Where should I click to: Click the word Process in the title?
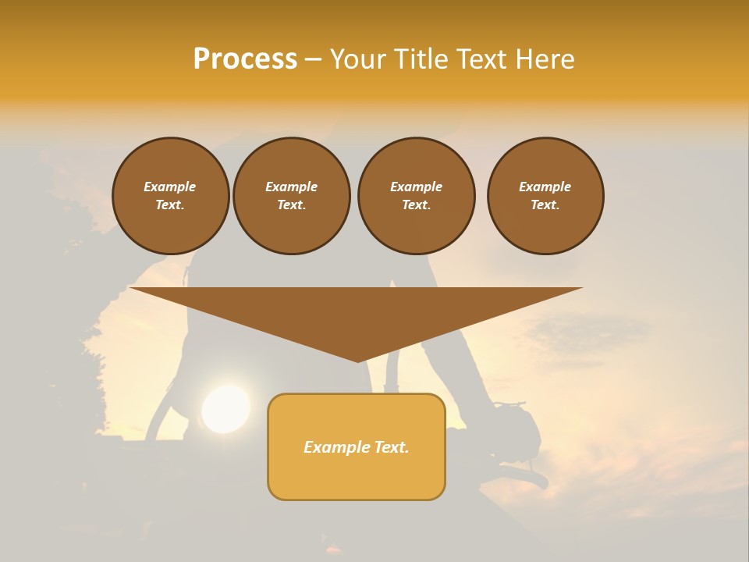(245, 59)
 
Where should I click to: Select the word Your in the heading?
(357, 59)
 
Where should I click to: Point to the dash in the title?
(314, 60)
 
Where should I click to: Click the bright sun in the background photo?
(225, 408)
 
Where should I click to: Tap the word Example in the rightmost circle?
(545, 187)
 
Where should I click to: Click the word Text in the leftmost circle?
(170, 205)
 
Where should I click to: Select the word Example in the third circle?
(417, 187)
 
